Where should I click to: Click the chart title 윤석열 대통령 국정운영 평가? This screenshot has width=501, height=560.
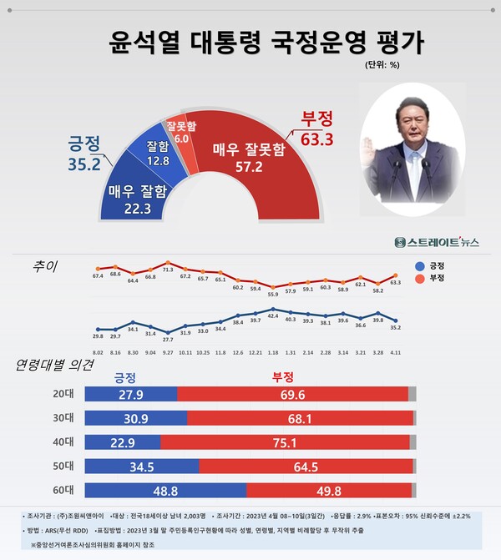(250, 42)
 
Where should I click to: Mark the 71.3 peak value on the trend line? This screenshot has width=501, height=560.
(167, 270)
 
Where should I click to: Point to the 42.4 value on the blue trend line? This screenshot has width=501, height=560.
(273, 315)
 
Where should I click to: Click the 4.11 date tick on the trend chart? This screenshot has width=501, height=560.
(394, 352)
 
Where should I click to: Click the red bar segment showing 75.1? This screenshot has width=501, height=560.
(286, 441)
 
